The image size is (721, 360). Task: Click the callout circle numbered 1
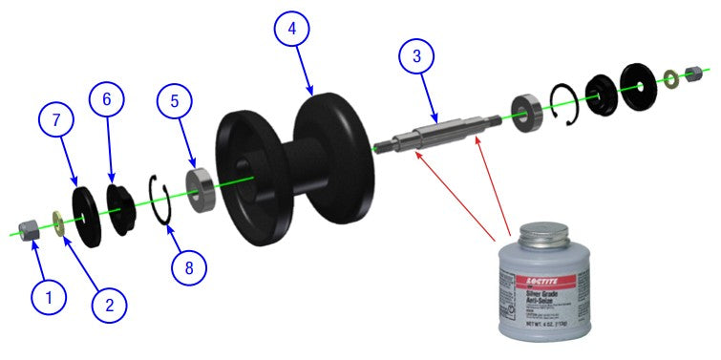[x=48, y=296]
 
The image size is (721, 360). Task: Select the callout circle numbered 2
[x=109, y=305]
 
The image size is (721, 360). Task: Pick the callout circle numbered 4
[x=293, y=30]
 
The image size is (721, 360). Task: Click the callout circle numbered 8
[x=189, y=266]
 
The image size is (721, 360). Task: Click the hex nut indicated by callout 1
[x=29, y=229]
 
